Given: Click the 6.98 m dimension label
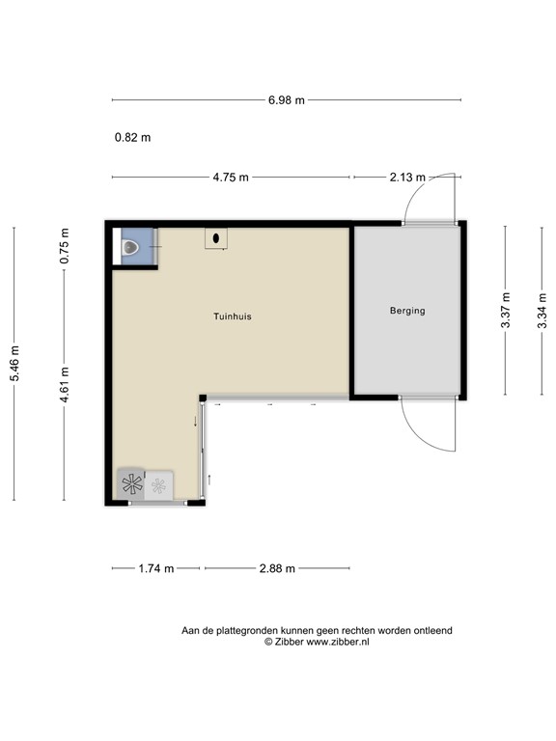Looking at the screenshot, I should point(287,99).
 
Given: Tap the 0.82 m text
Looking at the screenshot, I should point(132,137).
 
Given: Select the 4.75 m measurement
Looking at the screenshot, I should point(231,177).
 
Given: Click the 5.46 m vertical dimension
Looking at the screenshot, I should point(14,364).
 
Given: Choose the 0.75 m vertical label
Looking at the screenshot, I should point(65,246).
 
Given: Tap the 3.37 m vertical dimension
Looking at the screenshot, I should point(506,311).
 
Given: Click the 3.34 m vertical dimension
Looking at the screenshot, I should point(543,311).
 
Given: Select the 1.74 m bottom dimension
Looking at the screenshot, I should point(155,568).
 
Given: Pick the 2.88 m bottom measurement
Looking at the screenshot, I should point(277,568).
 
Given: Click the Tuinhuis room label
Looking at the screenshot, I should point(233,316).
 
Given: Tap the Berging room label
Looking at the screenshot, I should point(406,311).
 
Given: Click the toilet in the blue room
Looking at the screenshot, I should point(130,250).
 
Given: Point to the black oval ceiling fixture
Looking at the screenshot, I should point(215,237).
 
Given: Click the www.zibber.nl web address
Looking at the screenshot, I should point(344,642).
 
